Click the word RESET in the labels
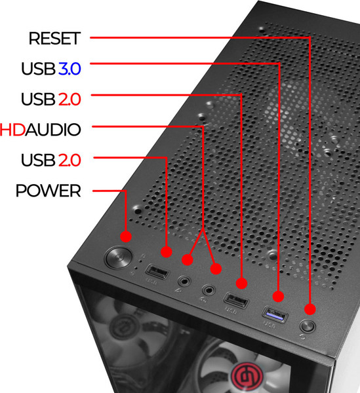[54, 39]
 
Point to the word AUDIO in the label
[53, 130]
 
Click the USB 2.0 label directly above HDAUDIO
[51, 100]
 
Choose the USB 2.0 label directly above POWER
[51, 160]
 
